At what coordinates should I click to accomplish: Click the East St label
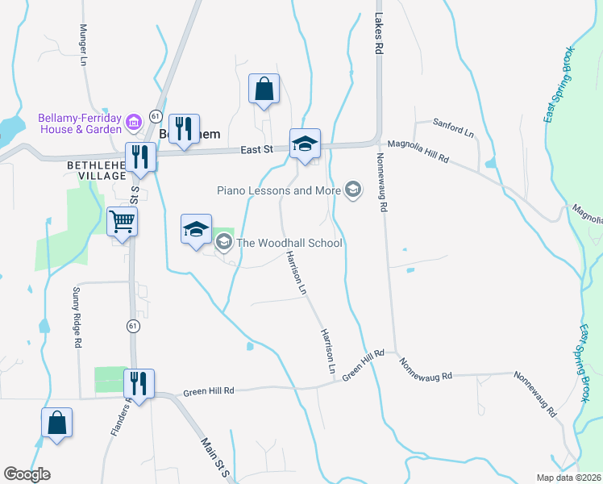click(258, 150)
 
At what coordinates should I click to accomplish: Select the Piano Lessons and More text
click(279, 190)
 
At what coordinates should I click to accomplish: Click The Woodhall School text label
click(289, 243)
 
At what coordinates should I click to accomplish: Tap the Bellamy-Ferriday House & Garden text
click(80, 123)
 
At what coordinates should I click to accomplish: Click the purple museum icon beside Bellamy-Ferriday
click(134, 123)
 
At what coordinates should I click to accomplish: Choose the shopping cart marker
click(122, 220)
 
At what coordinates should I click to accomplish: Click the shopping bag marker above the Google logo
click(56, 423)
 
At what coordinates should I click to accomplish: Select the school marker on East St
click(305, 144)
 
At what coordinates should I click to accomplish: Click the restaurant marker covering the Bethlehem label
click(184, 128)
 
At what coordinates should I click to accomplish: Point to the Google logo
click(27, 474)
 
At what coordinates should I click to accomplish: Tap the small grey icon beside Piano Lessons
click(351, 190)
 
